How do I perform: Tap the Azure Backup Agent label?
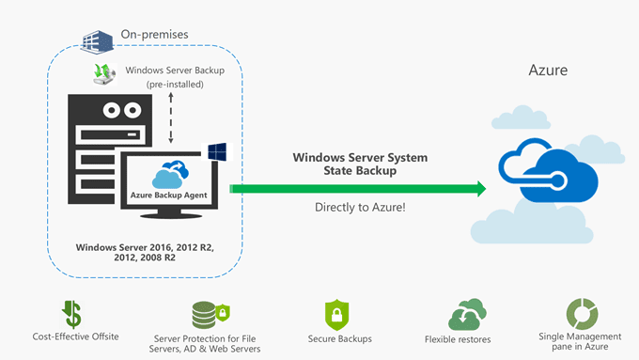168,196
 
